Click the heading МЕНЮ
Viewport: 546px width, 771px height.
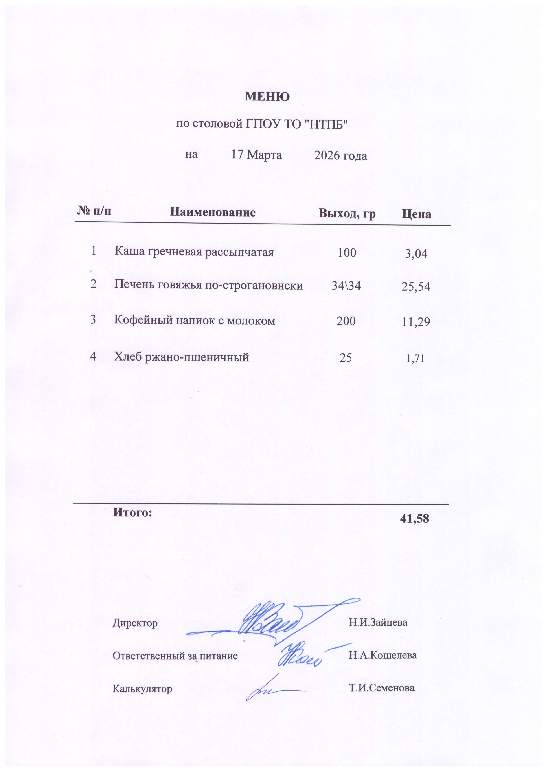(x=267, y=97)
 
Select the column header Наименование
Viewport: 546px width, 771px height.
(x=213, y=212)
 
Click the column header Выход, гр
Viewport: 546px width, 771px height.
(x=347, y=214)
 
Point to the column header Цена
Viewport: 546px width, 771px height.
(x=416, y=214)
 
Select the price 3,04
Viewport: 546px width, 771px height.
(x=416, y=254)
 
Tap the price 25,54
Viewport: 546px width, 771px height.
(x=416, y=287)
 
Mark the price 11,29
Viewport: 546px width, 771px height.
(x=416, y=322)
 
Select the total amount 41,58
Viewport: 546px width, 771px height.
(x=415, y=518)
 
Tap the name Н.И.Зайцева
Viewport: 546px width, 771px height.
(x=378, y=622)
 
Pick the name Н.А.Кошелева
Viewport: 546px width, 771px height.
(x=383, y=655)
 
